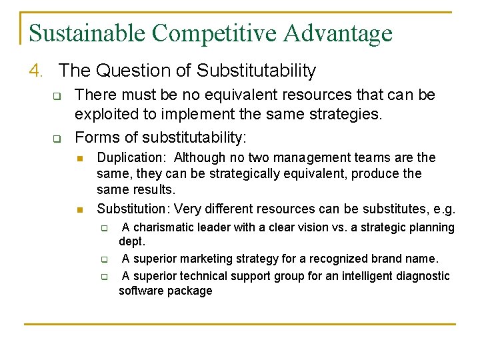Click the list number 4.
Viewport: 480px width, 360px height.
(37, 70)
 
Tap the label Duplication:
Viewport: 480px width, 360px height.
(133, 158)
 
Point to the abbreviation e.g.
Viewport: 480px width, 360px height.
(443, 209)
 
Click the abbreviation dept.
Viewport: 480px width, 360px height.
(132, 242)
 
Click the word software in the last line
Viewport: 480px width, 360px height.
(141, 291)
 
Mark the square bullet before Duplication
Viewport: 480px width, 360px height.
(79, 159)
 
